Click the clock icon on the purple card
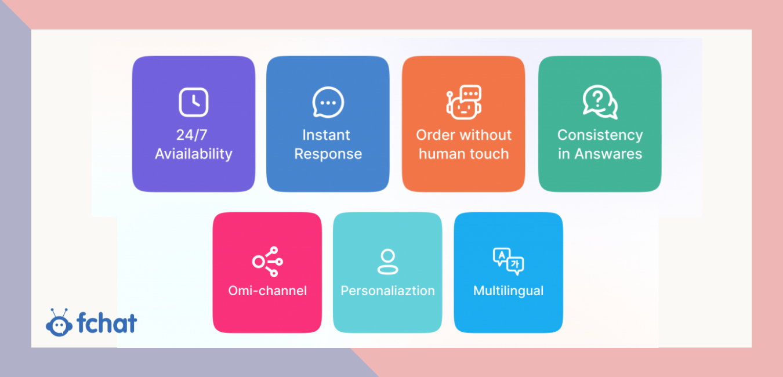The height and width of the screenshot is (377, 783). pyautogui.click(x=194, y=102)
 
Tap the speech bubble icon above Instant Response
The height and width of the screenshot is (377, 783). pyautogui.click(x=328, y=103)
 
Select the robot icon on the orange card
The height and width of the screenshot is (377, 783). pyautogui.click(x=464, y=102)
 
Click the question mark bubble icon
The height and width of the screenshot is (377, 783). pyautogui.click(x=600, y=102)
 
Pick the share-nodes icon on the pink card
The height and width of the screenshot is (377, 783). pyautogui.click(x=267, y=262)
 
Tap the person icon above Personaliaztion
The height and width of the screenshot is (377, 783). pyautogui.click(x=387, y=262)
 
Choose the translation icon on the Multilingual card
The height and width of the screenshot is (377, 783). pyautogui.click(x=509, y=261)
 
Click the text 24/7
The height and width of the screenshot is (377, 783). pyautogui.click(x=192, y=135)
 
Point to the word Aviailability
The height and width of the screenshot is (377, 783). pyautogui.click(x=194, y=154)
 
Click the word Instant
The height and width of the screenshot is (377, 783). pyautogui.click(x=326, y=135)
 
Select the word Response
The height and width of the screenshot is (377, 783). pyautogui.click(x=328, y=154)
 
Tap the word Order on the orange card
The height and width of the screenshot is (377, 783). pyautogui.click(x=435, y=135)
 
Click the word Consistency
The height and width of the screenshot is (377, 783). pyautogui.click(x=600, y=135)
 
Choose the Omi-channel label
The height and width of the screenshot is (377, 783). pyautogui.click(x=267, y=291)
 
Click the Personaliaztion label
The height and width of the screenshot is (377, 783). pyautogui.click(x=387, y=291)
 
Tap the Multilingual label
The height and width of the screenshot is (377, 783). pyautogui.click(x=508, y=291)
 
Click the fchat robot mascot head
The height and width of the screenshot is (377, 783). pyautogui.click(x=59, y=323)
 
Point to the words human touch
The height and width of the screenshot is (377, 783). pyautogui.click(x=463, y=154)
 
